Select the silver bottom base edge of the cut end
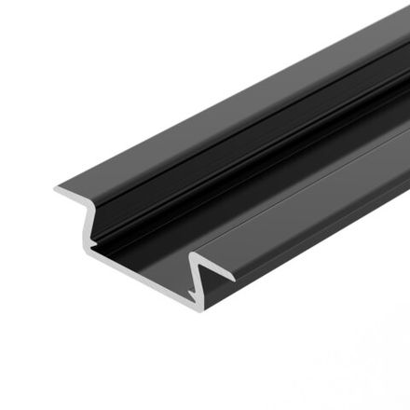pyautogui.click(x=140, y=275)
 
